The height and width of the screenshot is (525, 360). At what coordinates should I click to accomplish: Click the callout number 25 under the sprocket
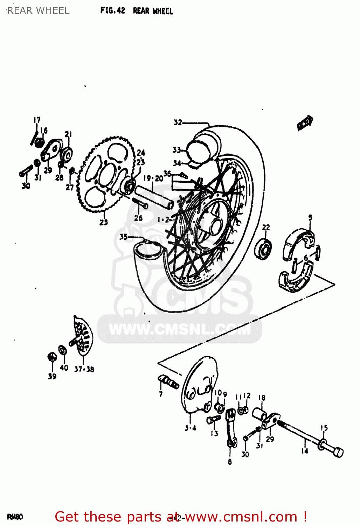(x=104, y=222)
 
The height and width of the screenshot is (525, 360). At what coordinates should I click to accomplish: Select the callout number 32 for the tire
(x=178, y=122)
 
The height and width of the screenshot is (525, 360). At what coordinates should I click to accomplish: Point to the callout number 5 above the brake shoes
(x=310, y=218)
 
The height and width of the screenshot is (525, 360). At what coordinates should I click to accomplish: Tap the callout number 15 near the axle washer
(x=324, y=428)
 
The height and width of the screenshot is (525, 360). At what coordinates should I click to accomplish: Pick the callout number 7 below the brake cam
(x=161, y=394)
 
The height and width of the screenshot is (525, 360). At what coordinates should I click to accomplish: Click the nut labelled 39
(x=52, y=357)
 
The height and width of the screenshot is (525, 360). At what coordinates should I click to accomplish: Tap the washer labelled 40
(x=63, y=350)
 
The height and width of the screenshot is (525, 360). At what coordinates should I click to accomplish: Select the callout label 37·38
(x=84, y=369)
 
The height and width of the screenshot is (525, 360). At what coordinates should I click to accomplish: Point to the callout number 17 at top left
(x=37, y=120)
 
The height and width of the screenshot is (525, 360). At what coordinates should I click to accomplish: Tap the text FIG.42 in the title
(x=112, y=10)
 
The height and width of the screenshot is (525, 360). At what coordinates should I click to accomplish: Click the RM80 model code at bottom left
(x=15, y=517)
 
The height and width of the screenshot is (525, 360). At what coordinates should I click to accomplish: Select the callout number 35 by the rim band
(x=123, y=237)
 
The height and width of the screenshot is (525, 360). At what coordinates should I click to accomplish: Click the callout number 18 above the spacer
(x=262, y=398)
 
